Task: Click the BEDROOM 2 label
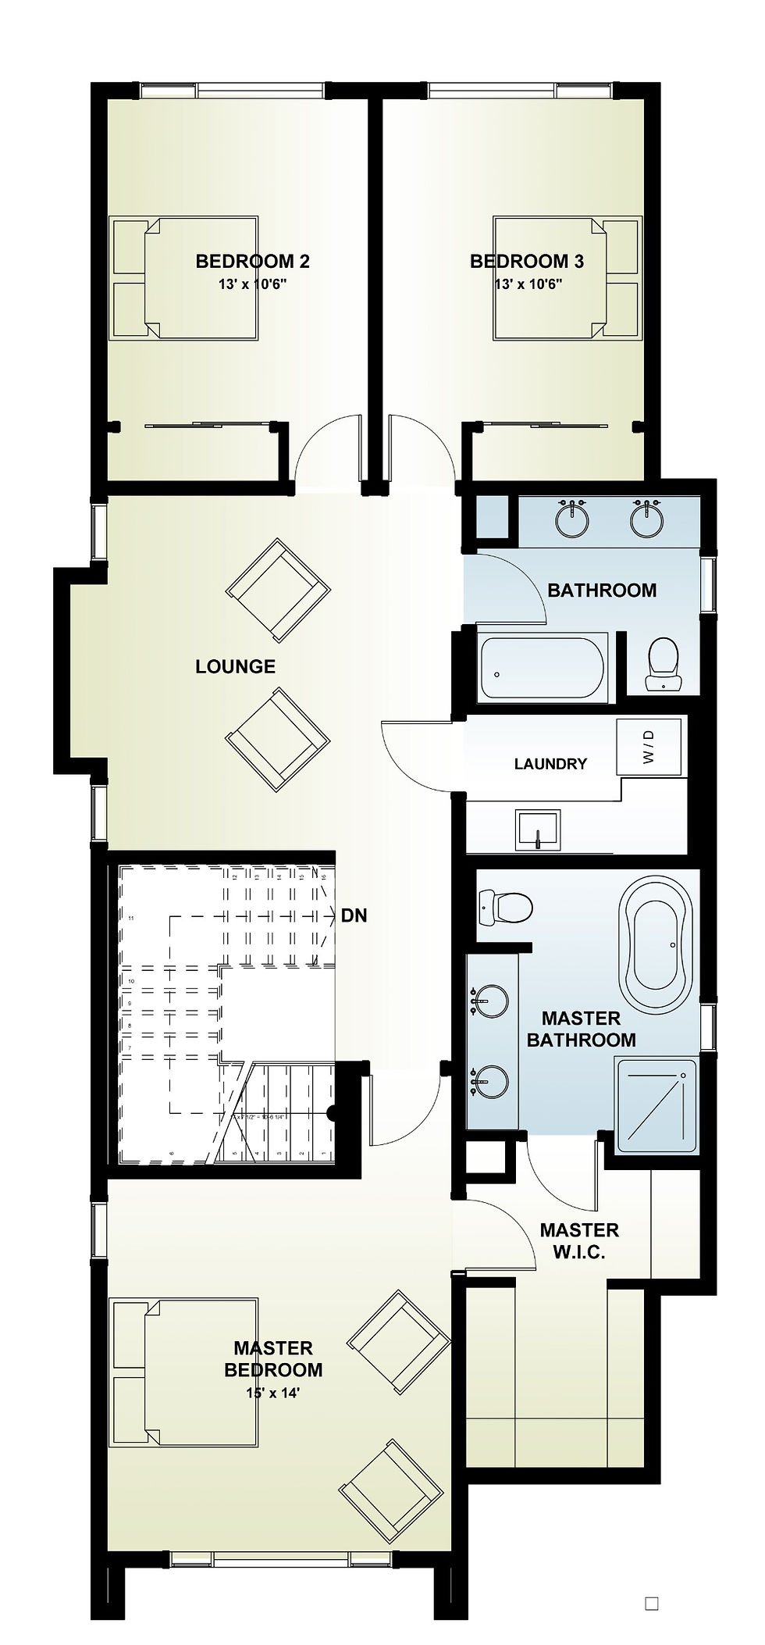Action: tap(252, 261)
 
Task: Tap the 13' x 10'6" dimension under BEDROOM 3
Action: tap(528, 284)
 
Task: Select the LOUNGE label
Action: tap(235, 666)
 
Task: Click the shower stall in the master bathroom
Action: tap(654, 1105)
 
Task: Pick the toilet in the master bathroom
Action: tap(506, 908)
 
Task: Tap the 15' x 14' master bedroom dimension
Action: tap(272, 1390)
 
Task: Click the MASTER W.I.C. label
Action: tap(579, 1241)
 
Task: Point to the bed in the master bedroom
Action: tap(184, 1360)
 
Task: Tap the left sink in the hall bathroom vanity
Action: tap(573, 519)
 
